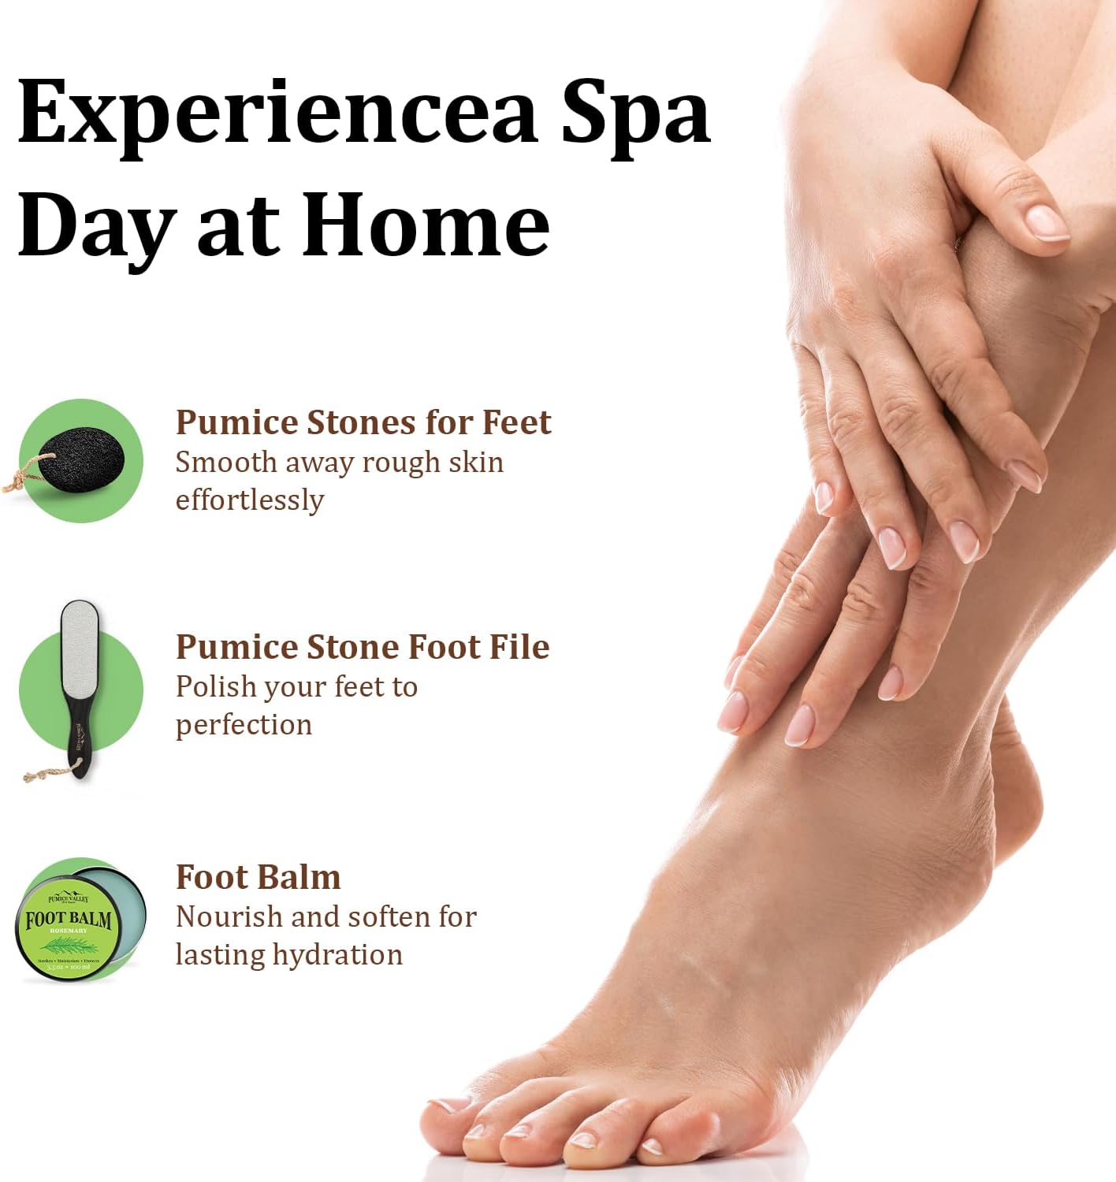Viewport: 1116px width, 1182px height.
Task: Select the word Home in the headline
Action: click(426, 226)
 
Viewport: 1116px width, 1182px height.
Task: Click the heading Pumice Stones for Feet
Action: click(363, 423)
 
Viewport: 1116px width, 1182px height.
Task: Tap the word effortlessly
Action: click(249, 500)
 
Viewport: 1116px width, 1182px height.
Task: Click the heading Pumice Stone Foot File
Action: click(362, 647)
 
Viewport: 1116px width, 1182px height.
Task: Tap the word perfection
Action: click(244, 725)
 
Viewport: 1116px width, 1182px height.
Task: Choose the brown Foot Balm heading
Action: click(258, 877)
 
